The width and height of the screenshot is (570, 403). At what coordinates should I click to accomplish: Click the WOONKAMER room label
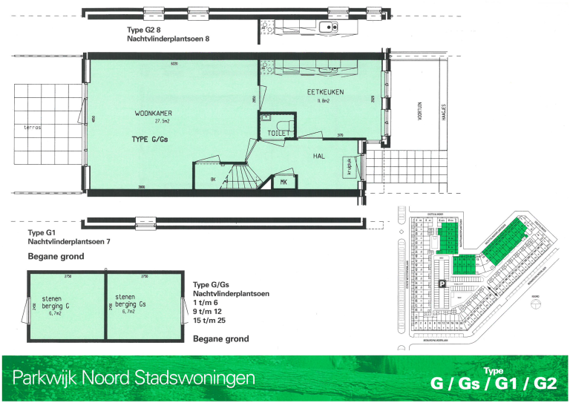click(153, 114)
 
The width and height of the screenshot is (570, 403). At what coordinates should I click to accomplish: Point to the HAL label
click(319, 156)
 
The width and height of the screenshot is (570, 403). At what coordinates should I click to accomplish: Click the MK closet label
click(284, 181)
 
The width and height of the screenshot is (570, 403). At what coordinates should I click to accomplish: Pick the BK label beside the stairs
click(212, 180)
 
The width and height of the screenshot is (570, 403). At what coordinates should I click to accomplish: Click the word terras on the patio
click(33, 128)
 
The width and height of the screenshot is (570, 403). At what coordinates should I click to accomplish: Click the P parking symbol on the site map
click(442, 283)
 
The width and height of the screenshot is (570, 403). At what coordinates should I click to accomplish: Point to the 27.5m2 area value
click(163, 121)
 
